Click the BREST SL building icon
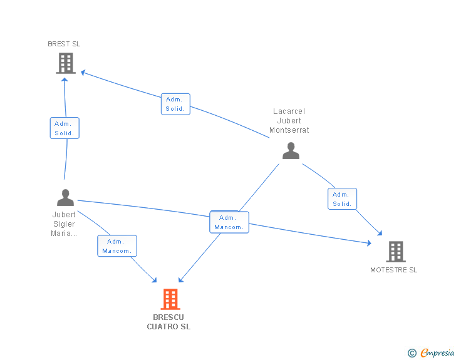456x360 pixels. (66, 63)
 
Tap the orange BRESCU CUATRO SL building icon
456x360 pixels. (170, 299)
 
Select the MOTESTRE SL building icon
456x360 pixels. (396, 252)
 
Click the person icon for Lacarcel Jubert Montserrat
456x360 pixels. (291, 151)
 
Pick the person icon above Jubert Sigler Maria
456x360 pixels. (65, 198)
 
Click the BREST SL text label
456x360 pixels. (64, 44)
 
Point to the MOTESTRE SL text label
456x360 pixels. (394, 270)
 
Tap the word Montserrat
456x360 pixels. (289, 130)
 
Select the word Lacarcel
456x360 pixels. (289, 111)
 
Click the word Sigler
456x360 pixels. (64, 224)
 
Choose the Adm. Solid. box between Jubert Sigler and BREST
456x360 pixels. (65, 128)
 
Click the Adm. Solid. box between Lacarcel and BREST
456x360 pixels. (175, 104)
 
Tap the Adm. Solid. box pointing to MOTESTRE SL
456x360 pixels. (342, 199)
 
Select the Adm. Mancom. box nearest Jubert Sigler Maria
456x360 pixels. (117, 245)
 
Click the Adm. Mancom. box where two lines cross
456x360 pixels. (229, 222)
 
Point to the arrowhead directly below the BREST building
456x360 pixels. (65, 80)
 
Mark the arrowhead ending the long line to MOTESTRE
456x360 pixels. (369, 243)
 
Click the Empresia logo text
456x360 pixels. (437, 352)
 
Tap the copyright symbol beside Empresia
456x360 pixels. (412, 353)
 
